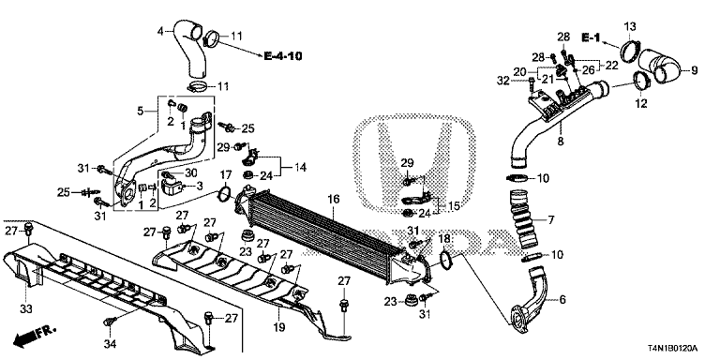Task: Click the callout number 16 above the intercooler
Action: pos(333,200)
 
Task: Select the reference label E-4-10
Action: pos(282,57)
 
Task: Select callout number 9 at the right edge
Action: pos(695,70)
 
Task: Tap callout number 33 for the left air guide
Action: pos(25,307)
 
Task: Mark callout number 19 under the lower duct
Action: pos(277,327)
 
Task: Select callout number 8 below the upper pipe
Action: pos(560,142)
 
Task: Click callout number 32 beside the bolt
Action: pos(503,82)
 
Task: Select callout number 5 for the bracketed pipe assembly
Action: pos(142,112)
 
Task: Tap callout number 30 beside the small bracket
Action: pos(189,172)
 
